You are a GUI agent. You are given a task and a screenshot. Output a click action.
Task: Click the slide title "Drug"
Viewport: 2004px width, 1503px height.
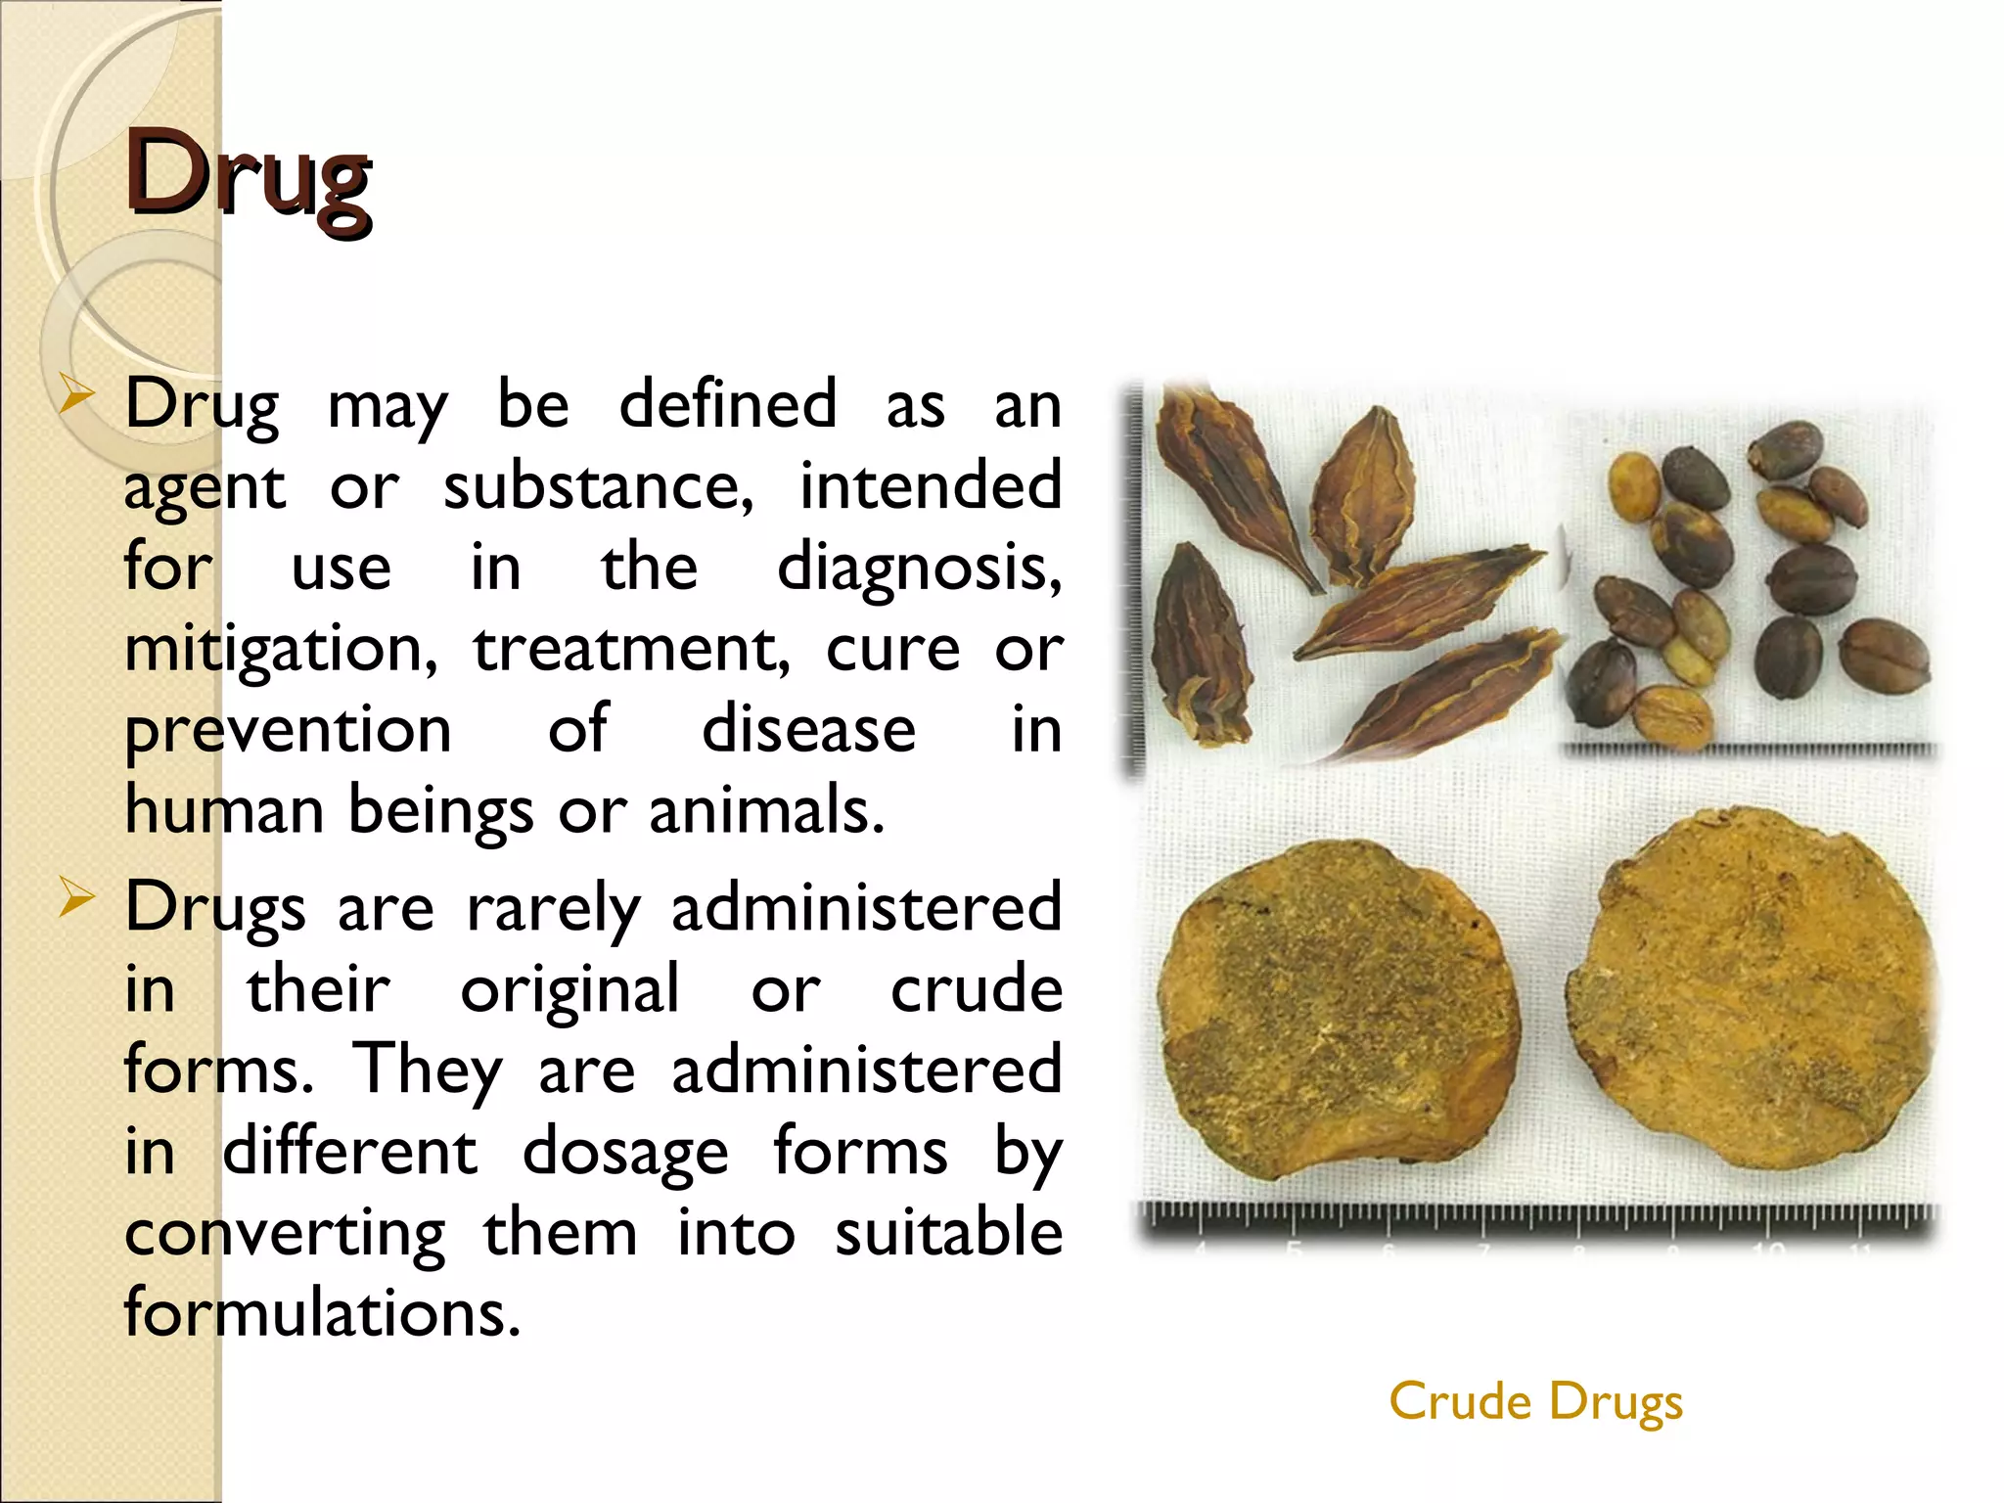point(248,176)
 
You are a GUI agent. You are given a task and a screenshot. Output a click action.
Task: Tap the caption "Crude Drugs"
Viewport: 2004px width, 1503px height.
point(1535,1401)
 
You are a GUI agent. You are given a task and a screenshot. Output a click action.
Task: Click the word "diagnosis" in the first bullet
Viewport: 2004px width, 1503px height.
point(918,568)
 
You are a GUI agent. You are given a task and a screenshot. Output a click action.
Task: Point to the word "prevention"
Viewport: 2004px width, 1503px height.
point(288,730)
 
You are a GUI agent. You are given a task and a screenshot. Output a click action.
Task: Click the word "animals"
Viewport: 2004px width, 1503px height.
point(765,810)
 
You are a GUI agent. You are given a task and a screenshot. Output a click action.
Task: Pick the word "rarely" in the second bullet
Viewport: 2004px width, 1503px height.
point(553,908)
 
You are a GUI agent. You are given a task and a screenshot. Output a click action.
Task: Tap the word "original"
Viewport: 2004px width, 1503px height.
point(569,990)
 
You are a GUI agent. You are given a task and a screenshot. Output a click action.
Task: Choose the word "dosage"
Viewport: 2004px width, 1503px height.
point(625,1153)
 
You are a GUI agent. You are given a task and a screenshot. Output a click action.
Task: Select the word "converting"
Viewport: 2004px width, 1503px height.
point(285,1233)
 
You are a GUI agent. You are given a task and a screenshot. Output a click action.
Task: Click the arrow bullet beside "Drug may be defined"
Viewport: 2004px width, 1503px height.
point(75,399)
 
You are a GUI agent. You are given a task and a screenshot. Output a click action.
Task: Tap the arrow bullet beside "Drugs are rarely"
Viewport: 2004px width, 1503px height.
point(75,898)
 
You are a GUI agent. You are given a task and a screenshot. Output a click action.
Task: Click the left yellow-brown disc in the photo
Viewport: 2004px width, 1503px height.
point(1337,1008)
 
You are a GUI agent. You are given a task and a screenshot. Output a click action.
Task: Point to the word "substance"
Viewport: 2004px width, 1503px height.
point(598,487)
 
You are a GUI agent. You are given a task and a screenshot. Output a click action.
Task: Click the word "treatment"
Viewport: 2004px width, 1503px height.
point(631,650)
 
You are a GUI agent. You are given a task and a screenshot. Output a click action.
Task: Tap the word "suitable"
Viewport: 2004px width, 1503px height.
point(948,1233)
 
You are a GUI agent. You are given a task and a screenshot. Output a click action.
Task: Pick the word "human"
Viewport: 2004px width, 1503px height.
point(224,810)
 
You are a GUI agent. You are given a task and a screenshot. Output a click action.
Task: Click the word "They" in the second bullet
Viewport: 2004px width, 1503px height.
point(428,1070)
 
